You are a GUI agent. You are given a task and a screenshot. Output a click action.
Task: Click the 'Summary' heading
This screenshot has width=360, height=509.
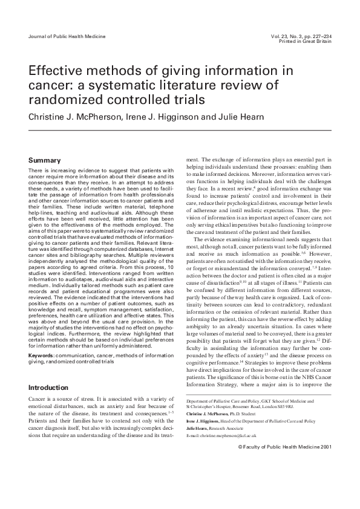pyautogui.click(x=45, y=160)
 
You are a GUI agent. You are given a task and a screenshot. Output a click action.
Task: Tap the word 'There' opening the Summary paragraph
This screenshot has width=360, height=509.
pyautogui.click(x=37, y=172)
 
